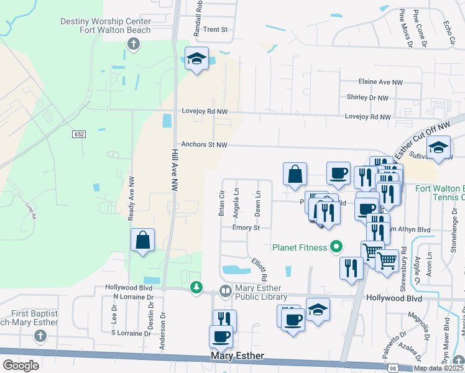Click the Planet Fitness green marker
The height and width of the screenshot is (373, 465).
click(x=336, y=247)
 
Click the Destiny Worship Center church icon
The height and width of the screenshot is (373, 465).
click(x=132, y=44)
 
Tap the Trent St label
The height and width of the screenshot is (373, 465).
click(x=216, y=29)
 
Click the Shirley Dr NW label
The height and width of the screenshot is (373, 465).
click(x=367, y=98)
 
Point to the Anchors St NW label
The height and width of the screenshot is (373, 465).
click(x=204, y=145)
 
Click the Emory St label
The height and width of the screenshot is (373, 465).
click(x=246, y=228)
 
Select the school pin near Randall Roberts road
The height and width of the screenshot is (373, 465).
click(x=197, y=59)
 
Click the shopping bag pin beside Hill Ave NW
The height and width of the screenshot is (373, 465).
click(x=143, y=239)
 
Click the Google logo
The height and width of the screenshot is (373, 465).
click(x=21, y=365)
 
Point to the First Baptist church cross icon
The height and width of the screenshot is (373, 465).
click(x=40, y=336)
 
